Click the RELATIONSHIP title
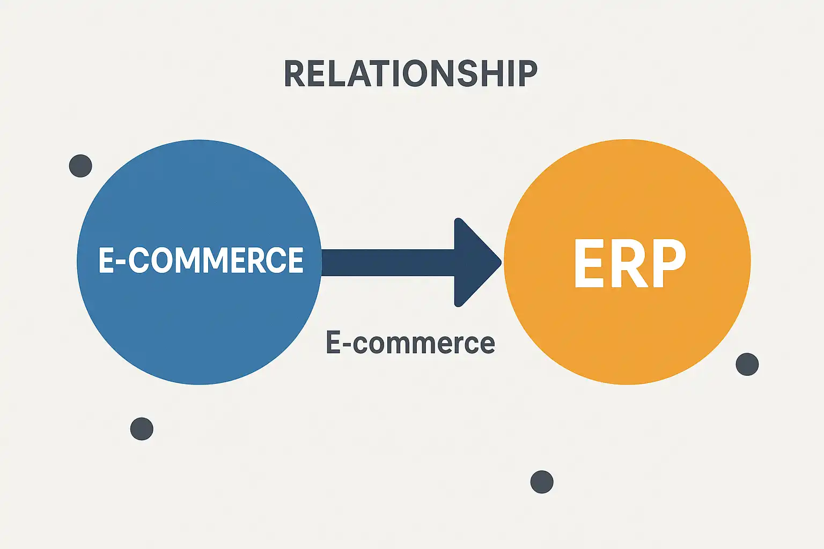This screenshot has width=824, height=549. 410,74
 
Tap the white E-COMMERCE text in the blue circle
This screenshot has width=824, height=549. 201,261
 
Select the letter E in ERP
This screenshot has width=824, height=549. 589,263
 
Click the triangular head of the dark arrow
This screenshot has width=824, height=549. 475,262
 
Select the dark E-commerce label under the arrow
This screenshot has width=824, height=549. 410,343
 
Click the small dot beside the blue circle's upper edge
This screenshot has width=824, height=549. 80,166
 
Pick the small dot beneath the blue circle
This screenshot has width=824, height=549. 142,429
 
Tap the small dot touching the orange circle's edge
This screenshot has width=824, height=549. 747,365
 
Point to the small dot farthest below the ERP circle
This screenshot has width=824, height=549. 541,481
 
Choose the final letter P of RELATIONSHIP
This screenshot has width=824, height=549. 526,74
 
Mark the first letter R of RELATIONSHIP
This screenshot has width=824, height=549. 296,74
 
